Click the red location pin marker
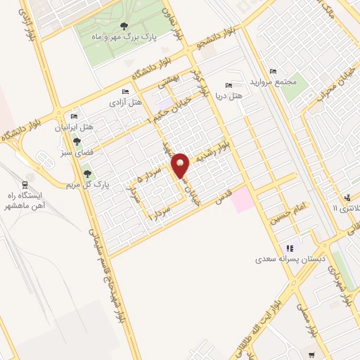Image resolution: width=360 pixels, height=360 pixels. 181,166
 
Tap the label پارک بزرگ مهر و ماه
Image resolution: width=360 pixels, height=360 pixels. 150,36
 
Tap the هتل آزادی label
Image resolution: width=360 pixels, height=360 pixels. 125,102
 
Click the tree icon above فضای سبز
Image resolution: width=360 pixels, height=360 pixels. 77,141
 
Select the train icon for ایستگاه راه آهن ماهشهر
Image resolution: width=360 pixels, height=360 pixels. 27,176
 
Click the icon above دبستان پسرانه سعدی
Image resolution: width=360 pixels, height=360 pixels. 289,247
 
